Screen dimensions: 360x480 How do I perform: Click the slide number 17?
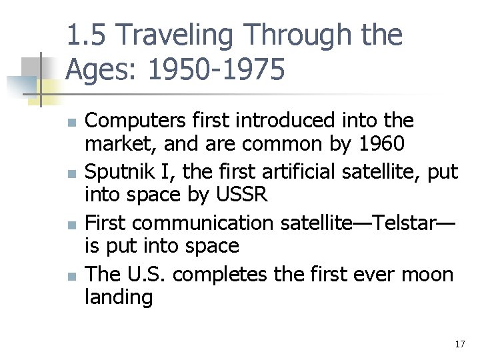pos(459,344)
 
